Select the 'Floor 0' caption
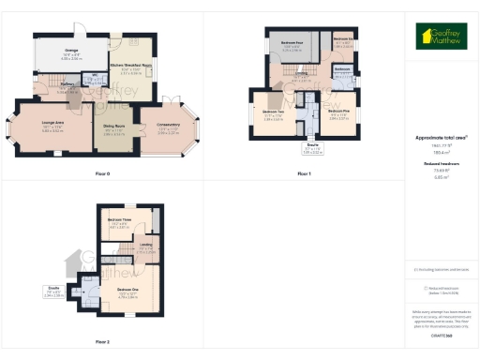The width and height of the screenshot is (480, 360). pos(102,174)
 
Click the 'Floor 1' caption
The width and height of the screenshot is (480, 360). pos(304,174)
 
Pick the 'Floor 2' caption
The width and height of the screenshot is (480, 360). pos(102,342)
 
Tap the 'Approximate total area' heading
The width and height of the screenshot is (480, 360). pos(442,138)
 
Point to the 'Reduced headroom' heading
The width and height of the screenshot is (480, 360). pos(442,163)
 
